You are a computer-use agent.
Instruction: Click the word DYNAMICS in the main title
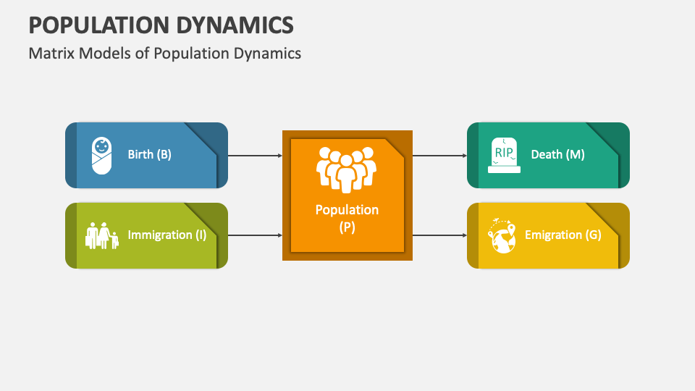click(x=232, y=25)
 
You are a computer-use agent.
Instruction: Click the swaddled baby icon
click(x=101, y=156)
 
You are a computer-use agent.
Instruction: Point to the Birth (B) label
click(x=149, y=154)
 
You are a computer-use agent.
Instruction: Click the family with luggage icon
click(x=102, y=235)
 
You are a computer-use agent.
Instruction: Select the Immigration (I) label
click(x=167, y=235)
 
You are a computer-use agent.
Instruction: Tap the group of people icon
click(x=347, y=170)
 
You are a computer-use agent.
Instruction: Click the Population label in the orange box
click(x=347, y=210)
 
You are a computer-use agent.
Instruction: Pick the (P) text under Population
click(x=347, y=227)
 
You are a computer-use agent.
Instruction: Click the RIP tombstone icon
click(x=504, y=155)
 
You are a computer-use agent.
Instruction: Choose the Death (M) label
click(x=557, y=154)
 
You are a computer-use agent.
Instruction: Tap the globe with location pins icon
click(x=502, y=235)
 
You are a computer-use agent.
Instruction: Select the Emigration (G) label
click(x=563, y=235)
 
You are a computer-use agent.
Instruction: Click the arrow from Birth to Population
click(x=256, y=156)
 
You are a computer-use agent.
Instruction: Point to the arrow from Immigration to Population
click(x=256, y=235)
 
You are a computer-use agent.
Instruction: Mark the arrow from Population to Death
click(x=439, y=156)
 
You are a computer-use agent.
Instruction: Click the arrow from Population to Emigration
click(x=439, y=235)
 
